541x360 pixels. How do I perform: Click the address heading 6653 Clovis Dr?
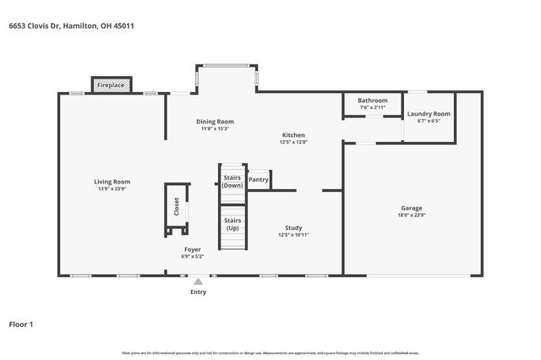coord(71,26)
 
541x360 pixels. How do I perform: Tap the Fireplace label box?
coord(111,85)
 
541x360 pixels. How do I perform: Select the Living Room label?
coord(112,182)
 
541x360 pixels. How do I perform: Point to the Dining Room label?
coord(216,121)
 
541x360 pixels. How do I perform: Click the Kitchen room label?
coord(293,135)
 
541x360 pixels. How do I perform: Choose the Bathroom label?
coord(372,101)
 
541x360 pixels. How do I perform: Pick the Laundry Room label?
coord(429,114)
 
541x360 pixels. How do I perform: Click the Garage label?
coord(412,208)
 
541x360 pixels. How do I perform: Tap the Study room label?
coord(293,228)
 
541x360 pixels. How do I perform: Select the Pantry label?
coord(259,179)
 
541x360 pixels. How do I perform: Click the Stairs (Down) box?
coord(232,182)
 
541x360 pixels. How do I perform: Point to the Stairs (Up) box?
coord(232,225)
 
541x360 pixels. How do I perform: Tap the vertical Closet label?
coord(177,207)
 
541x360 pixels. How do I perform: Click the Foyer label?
coord(193,250)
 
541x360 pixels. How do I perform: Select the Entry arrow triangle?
coord(198,282)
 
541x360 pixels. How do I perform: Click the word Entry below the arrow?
coord(198,292)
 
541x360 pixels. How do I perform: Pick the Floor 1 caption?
coord(21,324)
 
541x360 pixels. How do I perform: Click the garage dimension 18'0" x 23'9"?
coord(412,215)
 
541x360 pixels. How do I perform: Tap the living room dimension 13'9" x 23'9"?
coord(112,189)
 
